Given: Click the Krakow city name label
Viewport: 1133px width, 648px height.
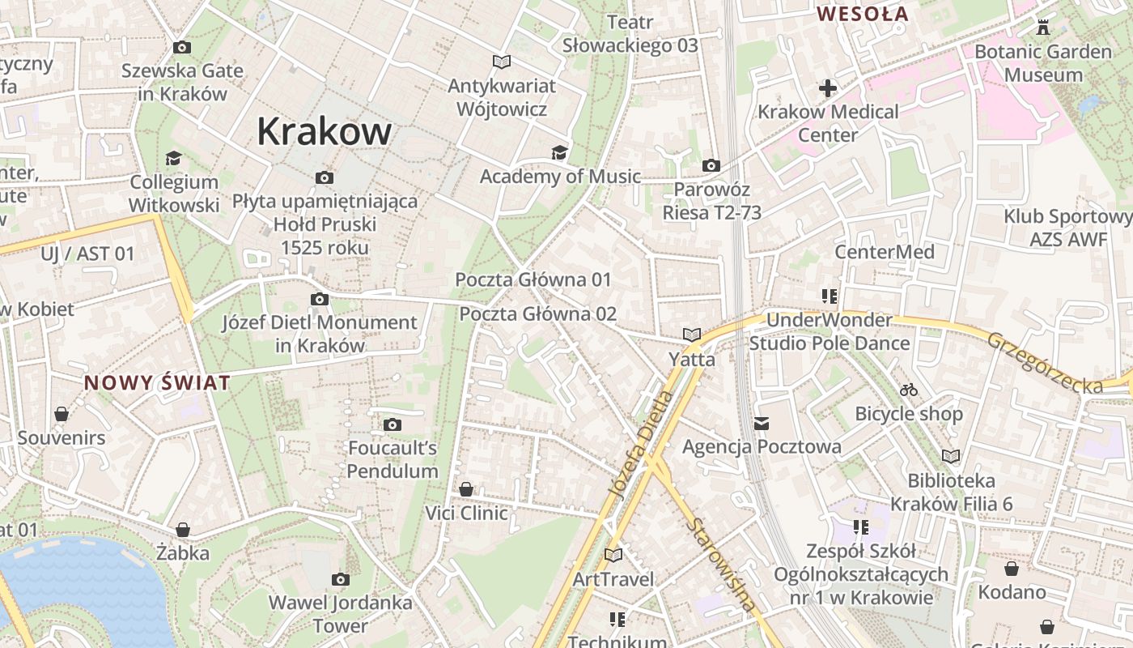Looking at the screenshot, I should click(x=324, y=131).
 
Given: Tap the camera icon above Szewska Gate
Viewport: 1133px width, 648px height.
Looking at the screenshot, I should click(x=182, y=48).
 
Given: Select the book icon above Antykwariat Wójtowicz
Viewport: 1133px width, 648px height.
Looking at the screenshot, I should click(x=502, y=62).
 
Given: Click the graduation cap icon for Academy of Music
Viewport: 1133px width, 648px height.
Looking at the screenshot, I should click(x=558, y=152).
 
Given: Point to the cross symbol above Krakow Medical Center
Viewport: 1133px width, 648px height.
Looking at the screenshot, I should click(x=828, y=87).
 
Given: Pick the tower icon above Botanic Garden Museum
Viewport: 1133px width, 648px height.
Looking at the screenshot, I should click(x=1042, y=28).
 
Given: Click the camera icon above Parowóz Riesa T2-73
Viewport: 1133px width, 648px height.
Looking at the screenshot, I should click(x=711, y=166).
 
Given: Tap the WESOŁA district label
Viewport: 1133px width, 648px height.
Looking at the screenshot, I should click(x=863, y=14).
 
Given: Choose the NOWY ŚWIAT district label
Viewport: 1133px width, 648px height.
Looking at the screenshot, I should click(x=158, y=382).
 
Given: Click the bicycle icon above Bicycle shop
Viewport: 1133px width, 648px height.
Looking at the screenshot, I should click(x=909, y=390).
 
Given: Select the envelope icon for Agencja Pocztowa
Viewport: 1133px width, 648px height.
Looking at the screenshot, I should click(x=762, y=423).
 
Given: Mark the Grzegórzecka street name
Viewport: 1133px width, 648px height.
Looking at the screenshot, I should click(x=1044, y=362).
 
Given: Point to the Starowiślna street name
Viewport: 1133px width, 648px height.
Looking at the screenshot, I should click(x=722, y=564).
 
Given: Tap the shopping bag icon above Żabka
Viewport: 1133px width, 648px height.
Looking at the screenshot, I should click(x=183, y=530).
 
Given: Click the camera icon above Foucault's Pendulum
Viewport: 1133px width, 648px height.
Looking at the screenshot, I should click(x=393, y=424).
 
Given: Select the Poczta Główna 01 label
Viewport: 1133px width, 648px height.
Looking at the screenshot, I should click(x=533, y=279).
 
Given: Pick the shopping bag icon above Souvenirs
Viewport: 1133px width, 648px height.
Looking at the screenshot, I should click(x=62, y=414).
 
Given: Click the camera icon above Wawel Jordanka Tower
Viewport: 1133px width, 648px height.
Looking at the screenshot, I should click(x=341, y=579).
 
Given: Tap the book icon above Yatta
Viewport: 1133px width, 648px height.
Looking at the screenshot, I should click(x=691, y=334).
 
